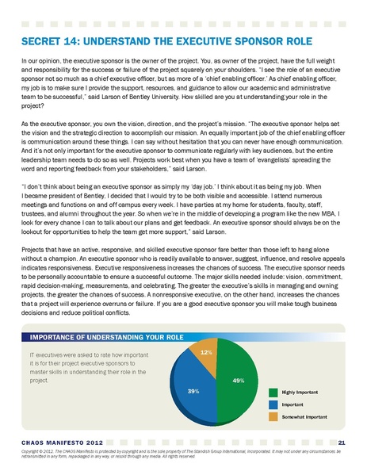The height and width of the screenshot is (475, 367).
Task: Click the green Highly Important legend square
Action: (273, 392)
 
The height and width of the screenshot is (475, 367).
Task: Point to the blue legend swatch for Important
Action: (273, 404)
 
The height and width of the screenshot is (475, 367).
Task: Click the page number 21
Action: (341, 442)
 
